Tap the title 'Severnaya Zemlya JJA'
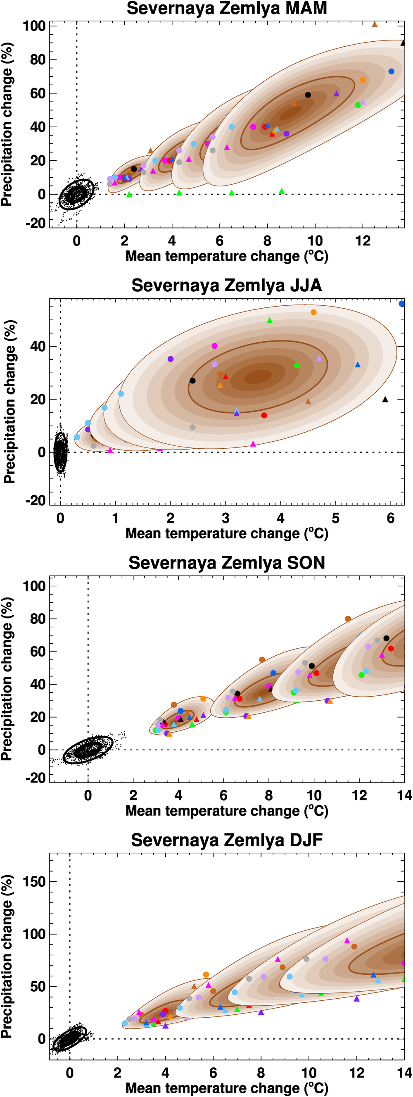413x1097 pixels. (x=226, y=286)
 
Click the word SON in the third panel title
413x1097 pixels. (x=306, y=563)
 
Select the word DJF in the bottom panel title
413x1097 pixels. (x=306, y=840)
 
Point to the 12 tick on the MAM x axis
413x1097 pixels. (x=363, y=241)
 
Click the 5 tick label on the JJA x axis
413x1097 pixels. (x=335, y=518)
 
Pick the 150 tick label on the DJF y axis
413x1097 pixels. (x=33, y=881)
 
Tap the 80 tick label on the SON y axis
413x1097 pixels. (x=38, y=619)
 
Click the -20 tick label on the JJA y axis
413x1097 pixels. (x=36, y=500)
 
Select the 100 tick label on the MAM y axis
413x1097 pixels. (x=33, y=26)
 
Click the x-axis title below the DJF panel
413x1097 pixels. (x=226, y=1088)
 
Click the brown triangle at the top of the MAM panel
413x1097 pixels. (x=375, y=25)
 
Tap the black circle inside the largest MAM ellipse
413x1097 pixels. (x=308, y=95)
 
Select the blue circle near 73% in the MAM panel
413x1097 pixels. (x=391, y=71)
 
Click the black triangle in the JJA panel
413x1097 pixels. (x=385, y=400)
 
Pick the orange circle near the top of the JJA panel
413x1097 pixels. (x=313, y=312)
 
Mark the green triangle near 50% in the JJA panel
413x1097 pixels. (x=270, y=320)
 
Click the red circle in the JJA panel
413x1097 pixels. (x=264, y=415)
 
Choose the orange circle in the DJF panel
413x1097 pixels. (x=206, y=975)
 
